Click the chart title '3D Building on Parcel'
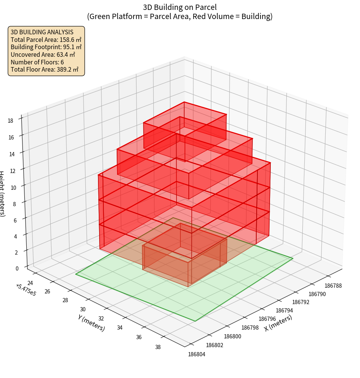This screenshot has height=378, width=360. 180,7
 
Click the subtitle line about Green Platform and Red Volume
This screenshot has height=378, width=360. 180,16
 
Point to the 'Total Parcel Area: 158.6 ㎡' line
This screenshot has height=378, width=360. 46,40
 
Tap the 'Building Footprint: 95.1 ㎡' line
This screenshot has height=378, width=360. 46,47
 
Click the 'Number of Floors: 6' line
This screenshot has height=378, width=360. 37,62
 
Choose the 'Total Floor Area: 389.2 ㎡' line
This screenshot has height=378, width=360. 44,69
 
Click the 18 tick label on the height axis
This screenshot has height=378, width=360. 11,121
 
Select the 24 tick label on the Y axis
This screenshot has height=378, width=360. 31,283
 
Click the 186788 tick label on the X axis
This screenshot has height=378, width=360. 333,285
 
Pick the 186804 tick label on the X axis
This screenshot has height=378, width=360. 197,354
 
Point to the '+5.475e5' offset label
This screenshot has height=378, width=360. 26,290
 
